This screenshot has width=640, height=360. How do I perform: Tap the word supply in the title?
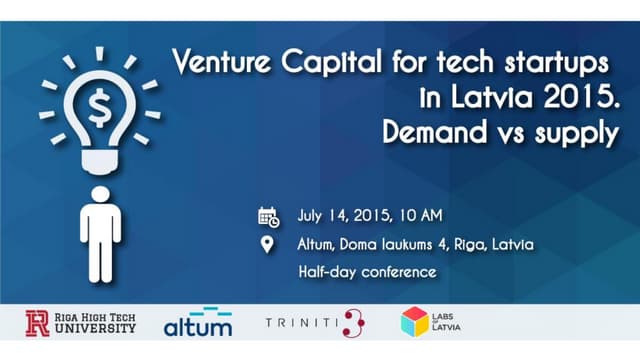point(579,135)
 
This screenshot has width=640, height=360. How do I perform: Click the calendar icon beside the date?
point(268,216)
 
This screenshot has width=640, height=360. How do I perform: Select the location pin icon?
point(267,244)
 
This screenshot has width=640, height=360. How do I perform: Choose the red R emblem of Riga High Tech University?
point(37,324)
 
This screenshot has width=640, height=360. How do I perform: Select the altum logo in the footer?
point(197,323)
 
